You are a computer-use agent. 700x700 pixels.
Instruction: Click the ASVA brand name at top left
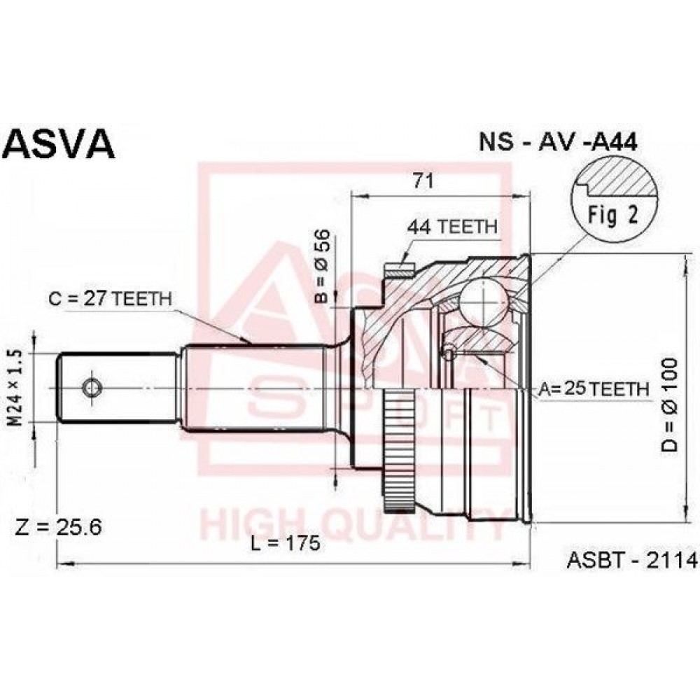tap(59, 144)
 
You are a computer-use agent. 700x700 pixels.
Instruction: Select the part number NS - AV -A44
tap(558, 142)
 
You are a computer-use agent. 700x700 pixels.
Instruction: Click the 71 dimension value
tap(423, 181)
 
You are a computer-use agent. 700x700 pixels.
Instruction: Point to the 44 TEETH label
tap(451, 227)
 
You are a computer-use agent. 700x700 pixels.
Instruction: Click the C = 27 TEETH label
tap(111, 299)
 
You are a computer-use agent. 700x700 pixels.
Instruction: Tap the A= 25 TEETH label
tap(594, 389)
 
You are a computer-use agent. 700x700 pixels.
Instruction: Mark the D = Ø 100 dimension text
tap(670, 405)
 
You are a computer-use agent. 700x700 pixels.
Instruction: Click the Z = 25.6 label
tap(59, 527)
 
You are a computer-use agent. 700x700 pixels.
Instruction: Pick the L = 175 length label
tap(286, 543)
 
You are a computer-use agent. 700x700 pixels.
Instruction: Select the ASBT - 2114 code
tap(631, 560)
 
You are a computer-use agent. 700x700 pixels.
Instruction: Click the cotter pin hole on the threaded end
tap(92, 388)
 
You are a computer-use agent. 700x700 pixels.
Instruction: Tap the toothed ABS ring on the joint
tap(399, 450)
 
